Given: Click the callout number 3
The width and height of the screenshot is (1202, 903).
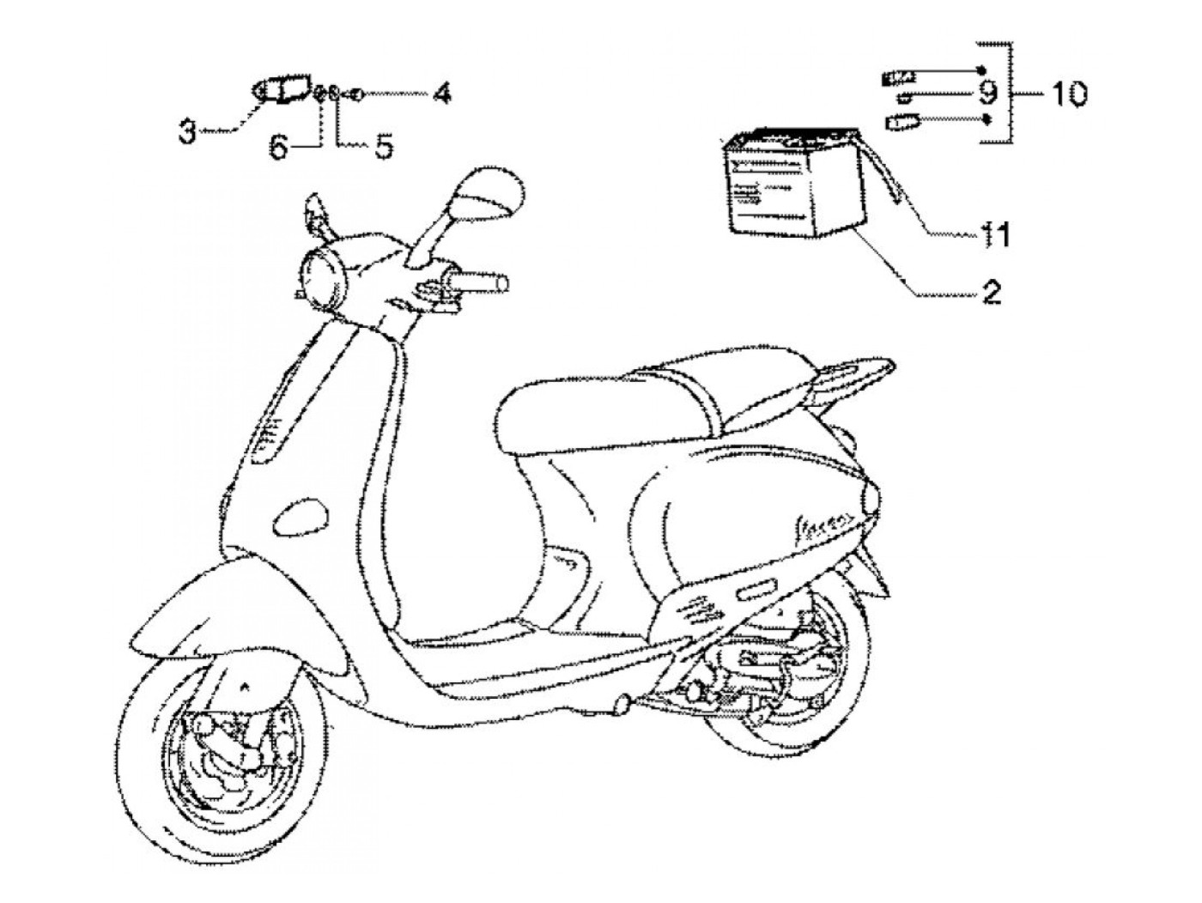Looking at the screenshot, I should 186,130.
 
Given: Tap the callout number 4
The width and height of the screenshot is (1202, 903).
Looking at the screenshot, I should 441,92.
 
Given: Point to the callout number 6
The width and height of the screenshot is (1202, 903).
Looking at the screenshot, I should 279,147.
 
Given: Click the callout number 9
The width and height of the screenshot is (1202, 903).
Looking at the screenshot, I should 986,90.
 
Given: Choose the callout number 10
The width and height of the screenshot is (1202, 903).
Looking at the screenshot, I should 1068,92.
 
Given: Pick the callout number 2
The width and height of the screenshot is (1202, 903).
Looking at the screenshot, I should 991,294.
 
